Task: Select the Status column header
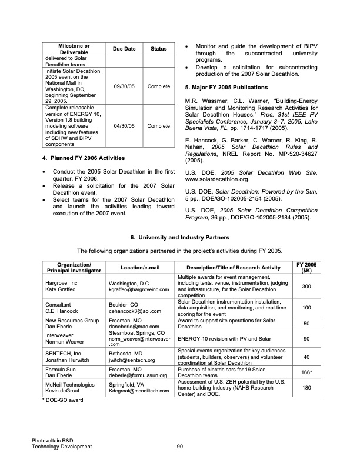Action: point(159,48)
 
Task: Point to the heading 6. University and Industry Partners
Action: point(180,237)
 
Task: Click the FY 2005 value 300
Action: point(306,286)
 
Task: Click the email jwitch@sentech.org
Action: point(132,360)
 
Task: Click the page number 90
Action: point(180,447)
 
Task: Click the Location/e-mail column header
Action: point(136,268)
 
